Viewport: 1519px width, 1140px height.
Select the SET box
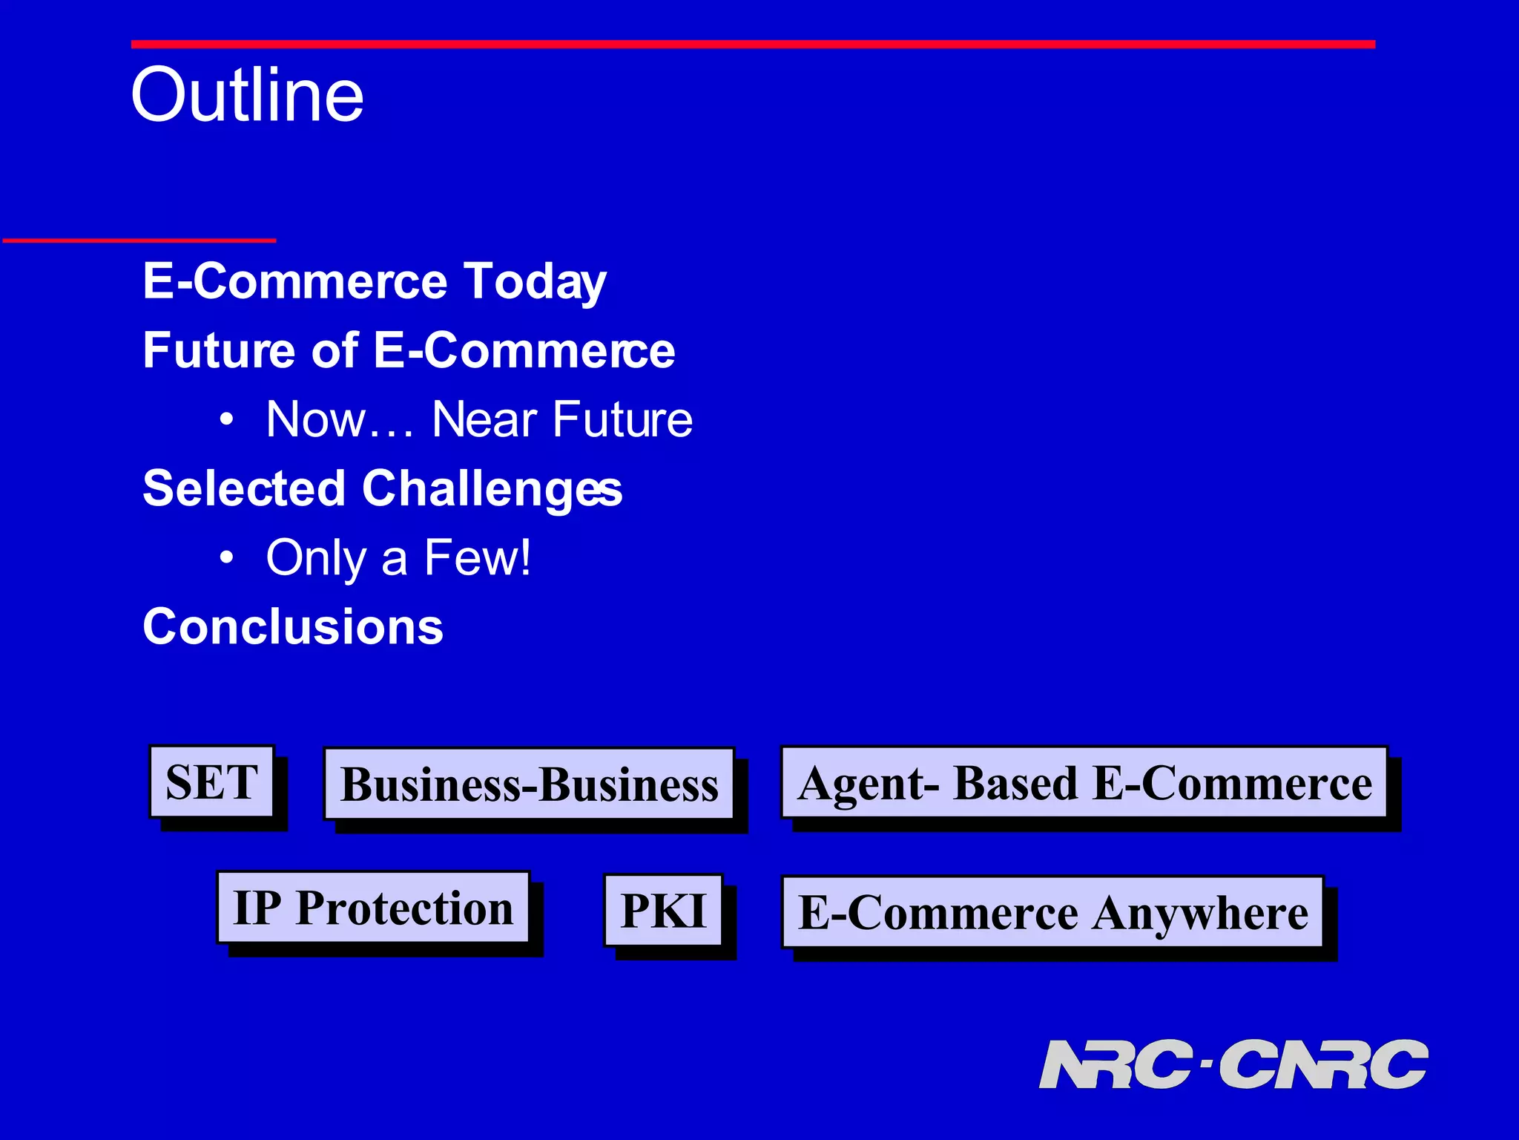212,782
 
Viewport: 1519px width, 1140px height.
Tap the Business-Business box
529,784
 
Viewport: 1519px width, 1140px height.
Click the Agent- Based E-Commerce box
1084,782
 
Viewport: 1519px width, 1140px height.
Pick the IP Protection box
373,908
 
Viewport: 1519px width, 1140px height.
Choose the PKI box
663,911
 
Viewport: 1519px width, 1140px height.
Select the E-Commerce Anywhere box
1052,912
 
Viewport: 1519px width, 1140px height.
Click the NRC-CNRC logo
1233,1064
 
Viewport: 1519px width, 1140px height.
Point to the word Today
535,282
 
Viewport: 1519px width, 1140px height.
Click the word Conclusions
293,627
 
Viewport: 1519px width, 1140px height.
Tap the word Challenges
492,490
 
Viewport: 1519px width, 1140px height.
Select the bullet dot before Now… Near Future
227,421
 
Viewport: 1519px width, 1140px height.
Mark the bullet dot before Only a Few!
227,558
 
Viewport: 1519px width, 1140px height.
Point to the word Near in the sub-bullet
484,420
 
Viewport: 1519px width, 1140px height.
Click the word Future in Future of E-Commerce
219,350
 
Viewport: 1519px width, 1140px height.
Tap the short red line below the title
139,240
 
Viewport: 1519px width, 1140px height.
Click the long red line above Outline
753,45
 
